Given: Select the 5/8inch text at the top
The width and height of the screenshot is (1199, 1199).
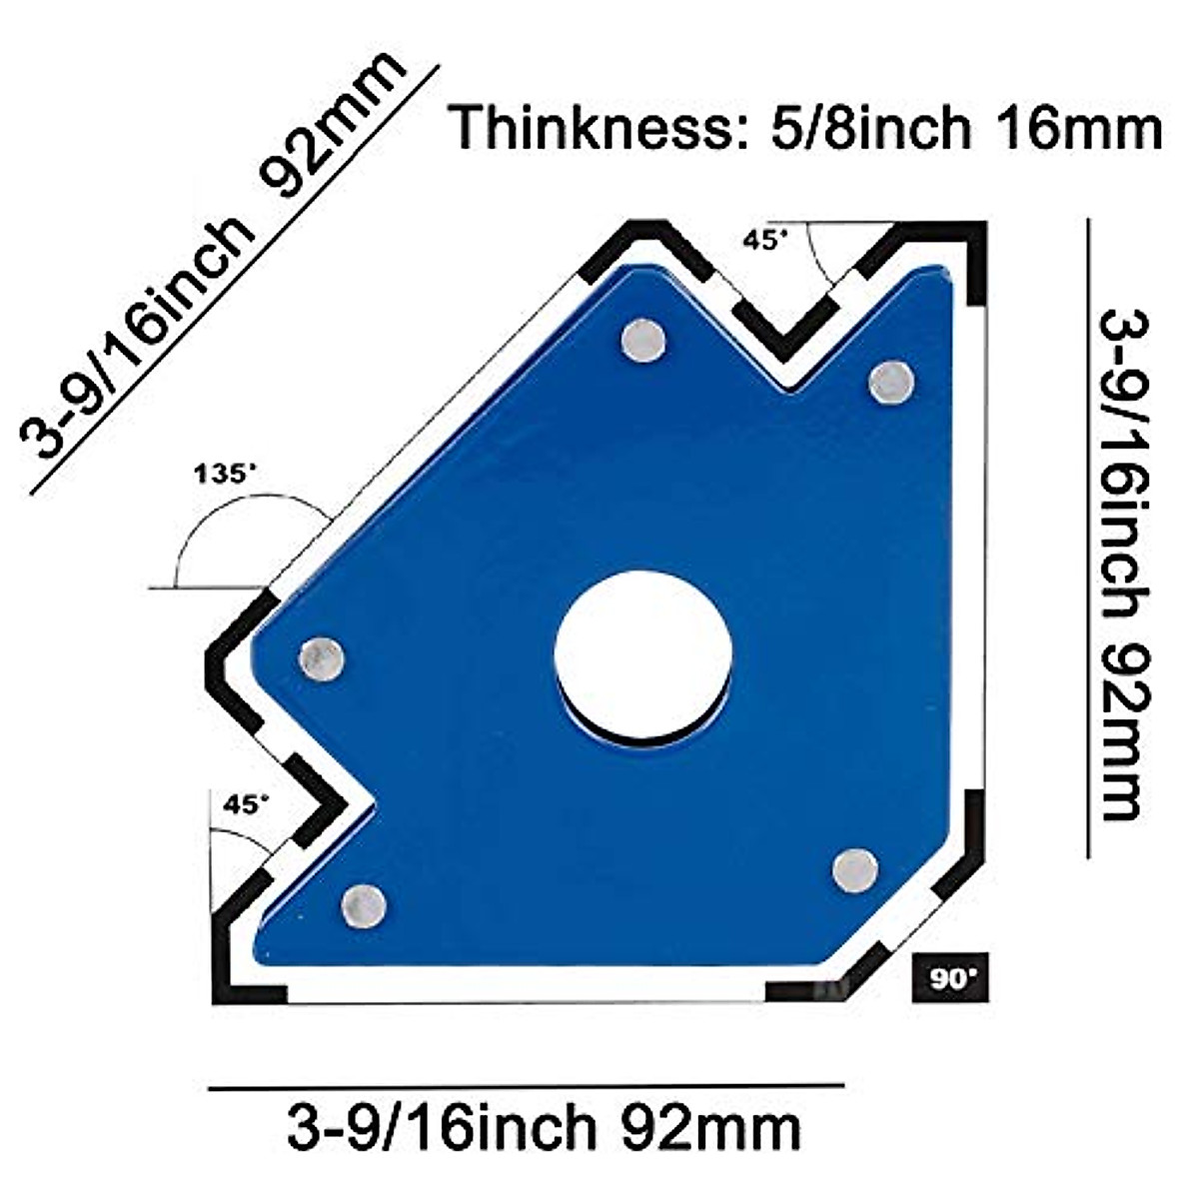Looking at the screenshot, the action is (870, 128).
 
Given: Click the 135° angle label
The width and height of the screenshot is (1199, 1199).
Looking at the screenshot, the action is (225, 475).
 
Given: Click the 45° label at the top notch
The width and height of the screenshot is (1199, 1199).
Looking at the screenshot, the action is (766, 241).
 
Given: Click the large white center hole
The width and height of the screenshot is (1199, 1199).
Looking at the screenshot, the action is (642, 653).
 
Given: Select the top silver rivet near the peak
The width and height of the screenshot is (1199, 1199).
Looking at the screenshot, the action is (643, 340).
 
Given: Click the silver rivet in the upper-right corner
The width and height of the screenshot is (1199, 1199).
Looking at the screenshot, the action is (891, 383).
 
